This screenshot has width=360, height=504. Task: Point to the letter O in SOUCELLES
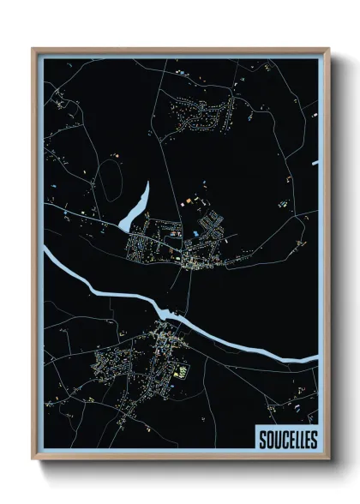coord(268,440)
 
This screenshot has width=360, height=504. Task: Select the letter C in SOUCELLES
coord(282,440)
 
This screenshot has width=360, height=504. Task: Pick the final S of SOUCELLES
coord(314,440)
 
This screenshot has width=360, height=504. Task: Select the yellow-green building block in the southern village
coord(182,370)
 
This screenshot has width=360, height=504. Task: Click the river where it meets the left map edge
coord(48,249)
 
